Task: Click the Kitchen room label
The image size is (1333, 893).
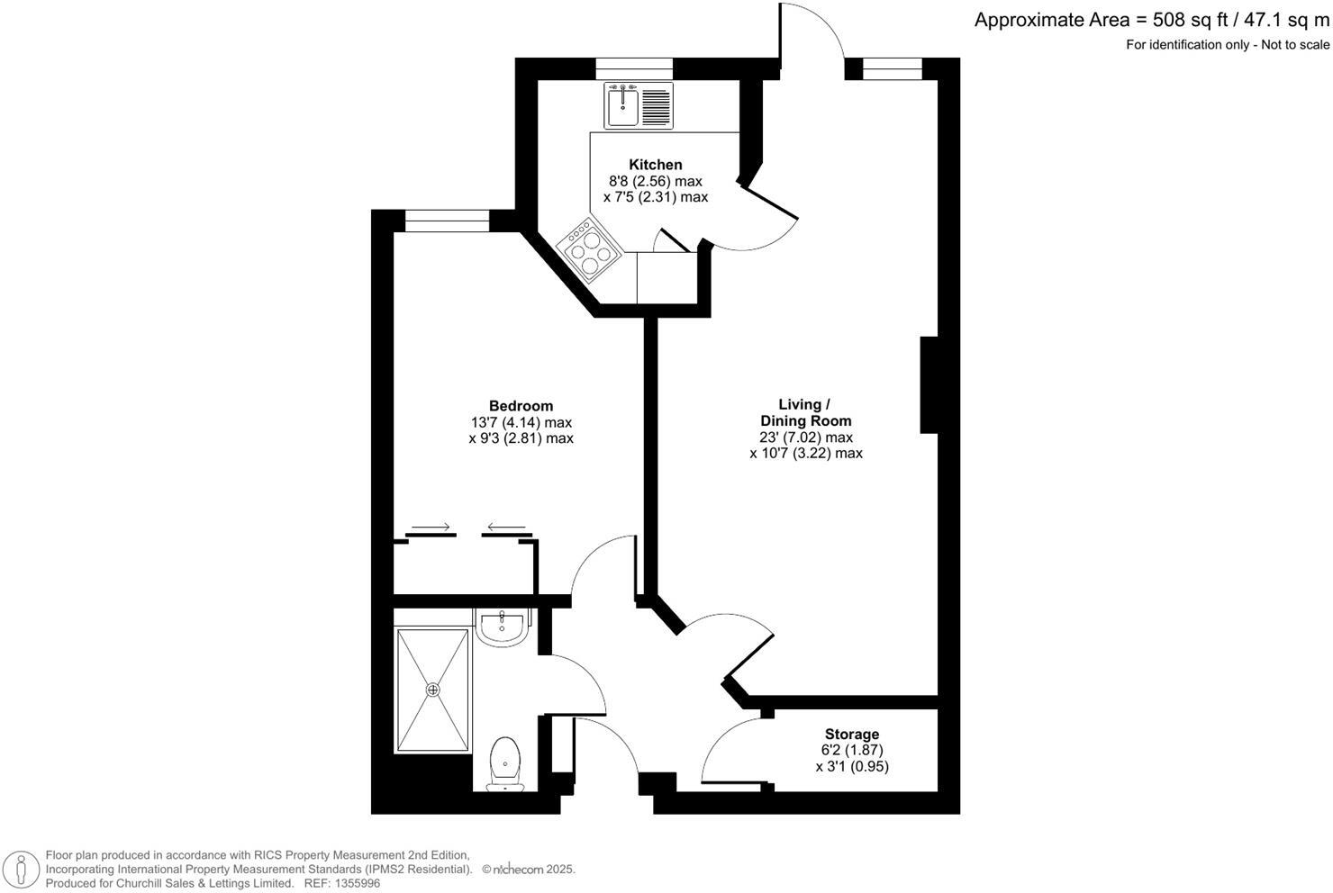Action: click(655, 164)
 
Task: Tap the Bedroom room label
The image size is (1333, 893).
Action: click(521, 406)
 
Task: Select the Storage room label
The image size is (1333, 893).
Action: click(851, 735)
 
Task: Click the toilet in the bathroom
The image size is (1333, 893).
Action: click(505, 764)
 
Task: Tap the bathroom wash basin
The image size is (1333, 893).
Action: click(502, 627)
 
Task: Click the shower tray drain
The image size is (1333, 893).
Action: click(432, 690)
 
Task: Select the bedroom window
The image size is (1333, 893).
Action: click(447, 221)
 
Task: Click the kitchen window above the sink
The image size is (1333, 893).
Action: click(634, 68)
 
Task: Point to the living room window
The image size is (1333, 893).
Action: click(892, 68)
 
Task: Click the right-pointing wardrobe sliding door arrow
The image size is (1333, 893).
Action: click(431, 528)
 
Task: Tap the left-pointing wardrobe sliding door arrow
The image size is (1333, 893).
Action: click(506, 528)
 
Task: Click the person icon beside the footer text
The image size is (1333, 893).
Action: click(22, 870)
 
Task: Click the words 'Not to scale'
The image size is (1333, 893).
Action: click(1295, 45)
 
